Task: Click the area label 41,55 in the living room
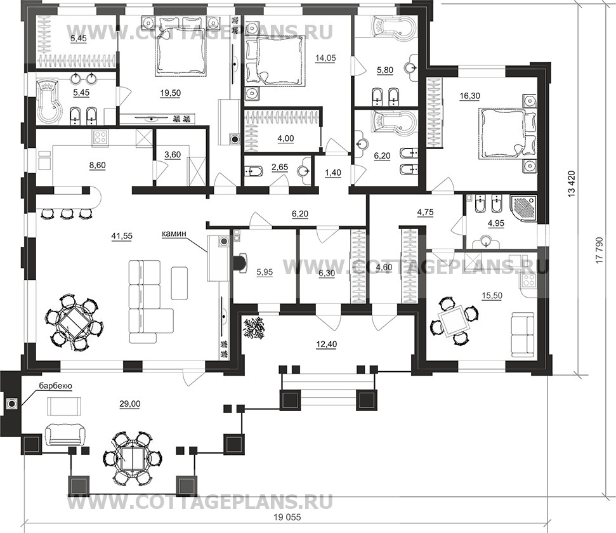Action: (122, 236)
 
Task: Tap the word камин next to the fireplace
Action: (173, 234)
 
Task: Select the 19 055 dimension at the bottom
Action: (288, 517)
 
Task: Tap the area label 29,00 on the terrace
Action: (130, 404)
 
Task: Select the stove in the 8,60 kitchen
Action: (101, 138)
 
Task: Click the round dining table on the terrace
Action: (133, 457)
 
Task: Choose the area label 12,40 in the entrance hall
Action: (327, 345)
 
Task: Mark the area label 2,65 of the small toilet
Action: (279, 168)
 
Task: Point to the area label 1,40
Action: (333, 173)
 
